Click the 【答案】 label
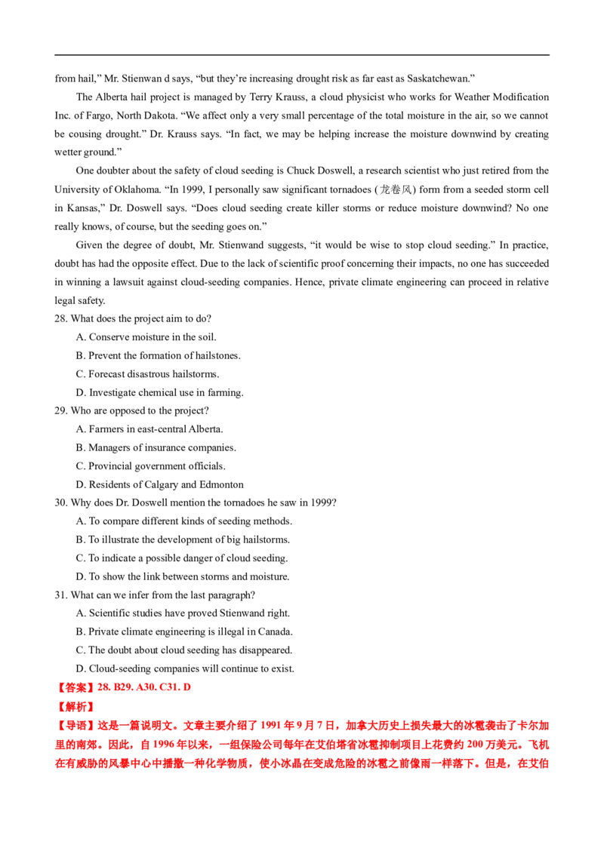tap(75, 687)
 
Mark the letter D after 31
tap(188, 687)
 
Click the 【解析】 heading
tap(75, 707)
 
